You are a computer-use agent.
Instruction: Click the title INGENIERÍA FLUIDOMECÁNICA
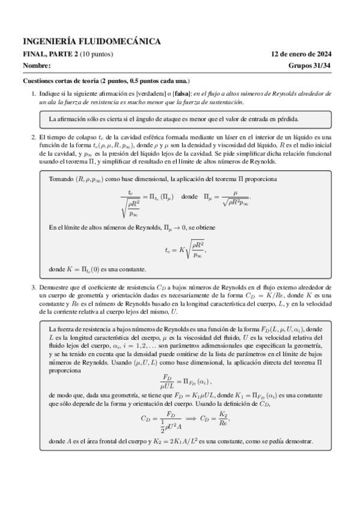(x=92, y=41)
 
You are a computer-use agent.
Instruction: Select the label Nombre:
(x=37, y=66)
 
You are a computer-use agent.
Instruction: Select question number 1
(x=34, y=94)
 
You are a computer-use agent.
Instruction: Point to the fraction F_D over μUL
(x=170, y=381)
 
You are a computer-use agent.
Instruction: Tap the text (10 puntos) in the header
(x=97, y=55)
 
